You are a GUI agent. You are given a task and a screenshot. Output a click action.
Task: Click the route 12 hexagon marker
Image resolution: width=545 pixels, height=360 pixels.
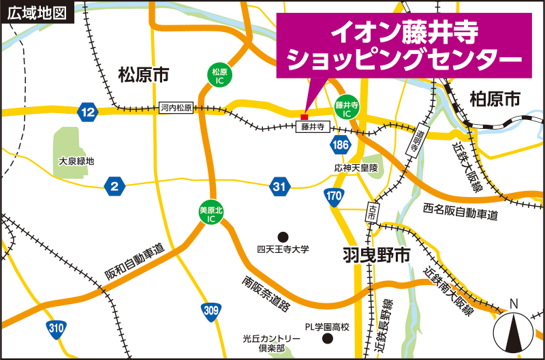point(87,111)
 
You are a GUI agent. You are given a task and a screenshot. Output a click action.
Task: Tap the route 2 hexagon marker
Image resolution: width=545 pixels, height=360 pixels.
point(114,185)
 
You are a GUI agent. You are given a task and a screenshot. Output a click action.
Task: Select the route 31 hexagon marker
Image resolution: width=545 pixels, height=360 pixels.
point(279,185)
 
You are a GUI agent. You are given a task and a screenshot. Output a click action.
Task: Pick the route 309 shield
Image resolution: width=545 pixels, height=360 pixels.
point(211,312)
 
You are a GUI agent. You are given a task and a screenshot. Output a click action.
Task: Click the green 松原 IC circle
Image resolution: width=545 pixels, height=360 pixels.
point(219,76)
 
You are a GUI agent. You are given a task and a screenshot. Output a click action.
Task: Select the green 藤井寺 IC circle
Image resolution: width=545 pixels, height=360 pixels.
point(347,106)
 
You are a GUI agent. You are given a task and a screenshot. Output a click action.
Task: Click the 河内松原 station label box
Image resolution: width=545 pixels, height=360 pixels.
point(177,108)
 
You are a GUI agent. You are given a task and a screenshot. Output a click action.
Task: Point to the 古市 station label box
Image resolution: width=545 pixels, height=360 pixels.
point(373,212)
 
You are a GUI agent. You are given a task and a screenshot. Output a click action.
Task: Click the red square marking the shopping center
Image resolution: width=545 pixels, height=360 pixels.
point(305,116)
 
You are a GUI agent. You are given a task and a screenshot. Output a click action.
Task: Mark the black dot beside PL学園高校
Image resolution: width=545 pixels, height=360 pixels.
point(328,339)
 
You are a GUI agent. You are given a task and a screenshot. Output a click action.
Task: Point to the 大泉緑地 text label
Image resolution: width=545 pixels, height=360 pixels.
point(76,162)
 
